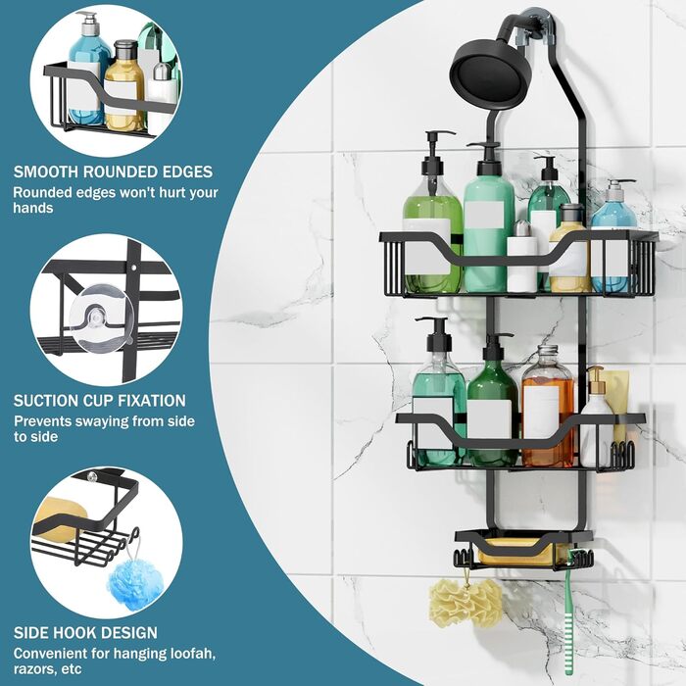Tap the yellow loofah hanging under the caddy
465,603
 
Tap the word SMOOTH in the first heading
46,171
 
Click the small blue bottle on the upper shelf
613,206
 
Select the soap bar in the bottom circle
61,519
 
